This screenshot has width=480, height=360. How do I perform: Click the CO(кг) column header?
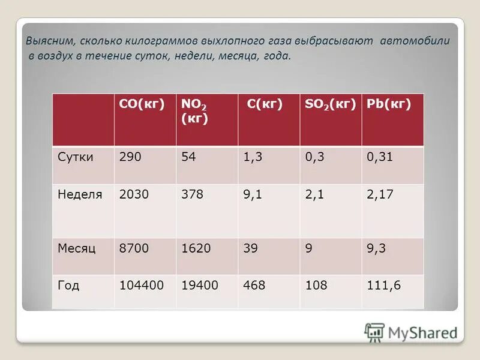[x=142, y=104]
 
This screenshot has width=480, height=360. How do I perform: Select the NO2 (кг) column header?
[x=195, y=111]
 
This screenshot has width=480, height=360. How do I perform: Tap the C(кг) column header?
[x=265, y=104]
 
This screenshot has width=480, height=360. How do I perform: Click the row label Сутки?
[x=76, y=157]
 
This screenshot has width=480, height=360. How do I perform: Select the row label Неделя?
[x=80, y=194]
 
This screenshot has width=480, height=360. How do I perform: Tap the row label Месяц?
[x=77, y=247]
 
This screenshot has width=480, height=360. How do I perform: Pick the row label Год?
[x=68, y=286]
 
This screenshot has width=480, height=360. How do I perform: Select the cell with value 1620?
[x=196, y=247]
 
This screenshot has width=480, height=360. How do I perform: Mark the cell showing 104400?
[x=142, y=286]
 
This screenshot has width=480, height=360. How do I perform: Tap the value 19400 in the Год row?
[x=200, y=286]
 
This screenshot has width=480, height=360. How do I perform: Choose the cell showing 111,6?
[x=383, y=286]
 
